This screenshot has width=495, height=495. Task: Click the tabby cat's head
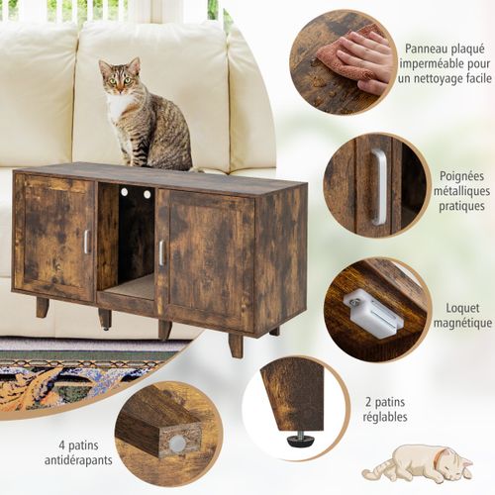[x=118, y=78]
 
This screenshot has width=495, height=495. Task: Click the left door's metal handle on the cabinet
[x=86, y=241]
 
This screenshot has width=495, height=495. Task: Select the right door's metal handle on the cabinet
[x=161, y=251]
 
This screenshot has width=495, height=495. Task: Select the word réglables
[x=384, y=417]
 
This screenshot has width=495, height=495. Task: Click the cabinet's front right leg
[x=235, y=346]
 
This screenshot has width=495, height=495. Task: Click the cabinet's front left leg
[x=43, y=308]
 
